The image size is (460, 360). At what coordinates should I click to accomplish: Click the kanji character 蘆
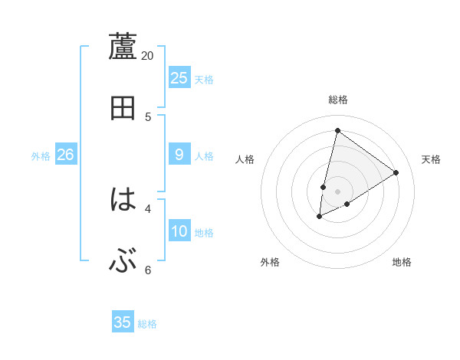123,47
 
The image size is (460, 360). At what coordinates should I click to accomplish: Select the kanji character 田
123,108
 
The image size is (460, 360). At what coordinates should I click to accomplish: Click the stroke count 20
148,56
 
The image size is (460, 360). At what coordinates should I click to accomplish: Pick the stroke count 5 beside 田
148,116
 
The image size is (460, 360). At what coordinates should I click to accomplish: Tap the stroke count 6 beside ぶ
148,270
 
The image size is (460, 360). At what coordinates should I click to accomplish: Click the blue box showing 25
179,78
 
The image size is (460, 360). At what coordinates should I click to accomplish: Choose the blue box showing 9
179,155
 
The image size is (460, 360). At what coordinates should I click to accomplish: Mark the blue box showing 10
179,231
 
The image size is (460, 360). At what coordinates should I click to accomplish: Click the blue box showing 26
65,155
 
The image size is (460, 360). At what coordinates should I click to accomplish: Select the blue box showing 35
123,322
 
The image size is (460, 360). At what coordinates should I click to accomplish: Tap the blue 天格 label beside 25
204,80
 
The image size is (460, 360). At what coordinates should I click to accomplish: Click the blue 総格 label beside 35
147,324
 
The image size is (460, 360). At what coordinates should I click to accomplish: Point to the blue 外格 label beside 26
41,156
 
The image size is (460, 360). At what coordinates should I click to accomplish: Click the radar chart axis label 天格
431,159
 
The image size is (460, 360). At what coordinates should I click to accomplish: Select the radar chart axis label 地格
402,262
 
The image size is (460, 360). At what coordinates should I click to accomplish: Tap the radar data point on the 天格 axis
396,172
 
